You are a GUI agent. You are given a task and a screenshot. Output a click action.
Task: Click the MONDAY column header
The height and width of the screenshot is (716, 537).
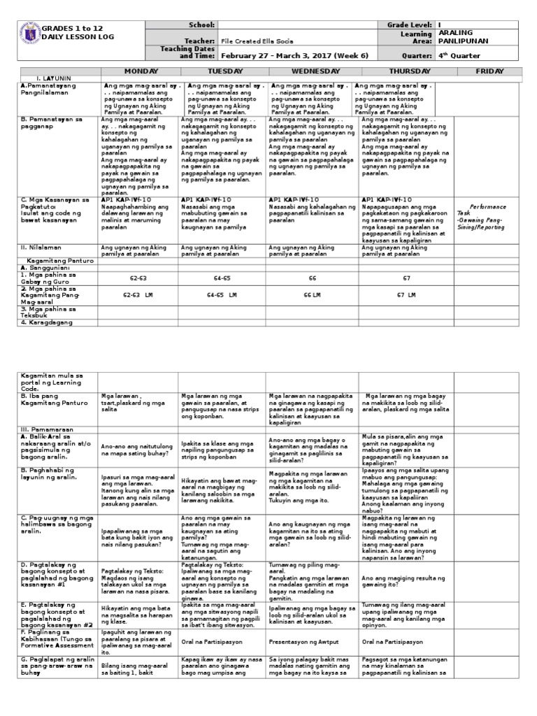click(x=141, y=71)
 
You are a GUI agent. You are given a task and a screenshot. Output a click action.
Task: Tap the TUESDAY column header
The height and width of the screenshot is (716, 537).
click(x=223, y=71)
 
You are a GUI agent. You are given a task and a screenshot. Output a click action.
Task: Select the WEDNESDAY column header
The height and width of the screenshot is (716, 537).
click(x=312, y=71)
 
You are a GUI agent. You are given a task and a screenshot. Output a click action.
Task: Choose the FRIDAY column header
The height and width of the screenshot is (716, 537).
click(x=489, y=71)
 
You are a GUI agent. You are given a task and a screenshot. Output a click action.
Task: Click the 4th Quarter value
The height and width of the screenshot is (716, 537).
click(x=460, y=53)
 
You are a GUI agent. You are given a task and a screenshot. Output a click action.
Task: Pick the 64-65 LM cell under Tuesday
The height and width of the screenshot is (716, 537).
click(x=222, y=295)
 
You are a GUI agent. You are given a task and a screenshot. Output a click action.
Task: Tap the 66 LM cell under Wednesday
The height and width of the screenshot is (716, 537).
click(x=312, y=295)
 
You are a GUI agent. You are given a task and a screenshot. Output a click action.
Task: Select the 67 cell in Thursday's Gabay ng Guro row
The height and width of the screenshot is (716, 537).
click(x=406, y=278)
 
